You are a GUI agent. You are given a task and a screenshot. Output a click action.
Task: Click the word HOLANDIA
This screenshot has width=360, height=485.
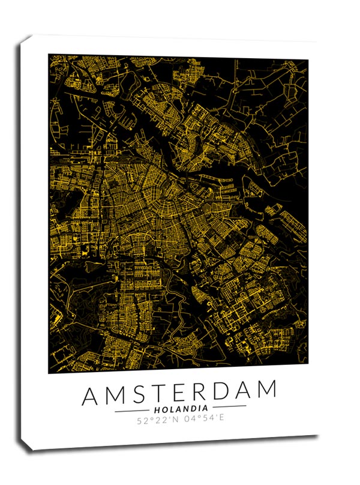pos(181,410)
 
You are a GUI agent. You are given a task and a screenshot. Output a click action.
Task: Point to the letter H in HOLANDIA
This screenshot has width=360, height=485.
pos(157,410)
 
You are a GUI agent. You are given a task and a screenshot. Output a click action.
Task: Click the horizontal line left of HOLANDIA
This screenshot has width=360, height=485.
pos(132,411)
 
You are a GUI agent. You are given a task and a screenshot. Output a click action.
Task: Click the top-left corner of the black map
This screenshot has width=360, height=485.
pos(49,55)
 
